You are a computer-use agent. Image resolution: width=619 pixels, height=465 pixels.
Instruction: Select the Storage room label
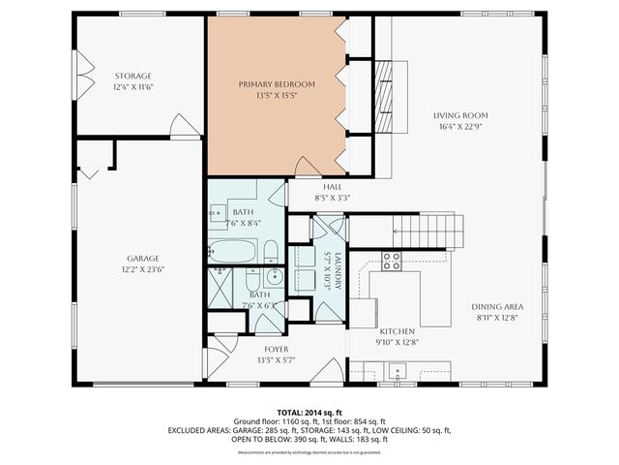point(133,76)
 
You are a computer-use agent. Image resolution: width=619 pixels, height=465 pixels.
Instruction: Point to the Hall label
point(332,186)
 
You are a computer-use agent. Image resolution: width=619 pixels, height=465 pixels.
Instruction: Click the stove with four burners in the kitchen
point(392,261)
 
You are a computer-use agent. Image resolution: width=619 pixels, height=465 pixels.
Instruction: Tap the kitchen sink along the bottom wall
point(395,370)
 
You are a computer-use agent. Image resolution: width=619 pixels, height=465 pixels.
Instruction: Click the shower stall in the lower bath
point(222,289)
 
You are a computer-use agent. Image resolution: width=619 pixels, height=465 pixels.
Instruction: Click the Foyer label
point(277,349)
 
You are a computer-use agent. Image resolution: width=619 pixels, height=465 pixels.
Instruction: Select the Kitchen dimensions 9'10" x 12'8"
point(397,341)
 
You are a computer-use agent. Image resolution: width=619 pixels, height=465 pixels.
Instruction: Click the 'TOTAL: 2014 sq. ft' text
point(309,412)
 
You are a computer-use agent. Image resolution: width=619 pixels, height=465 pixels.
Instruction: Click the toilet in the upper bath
point(271,254)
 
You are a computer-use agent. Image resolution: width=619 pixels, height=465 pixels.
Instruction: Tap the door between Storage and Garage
point(185,127)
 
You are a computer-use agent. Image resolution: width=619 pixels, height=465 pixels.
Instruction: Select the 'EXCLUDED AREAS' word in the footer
point(199,429)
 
